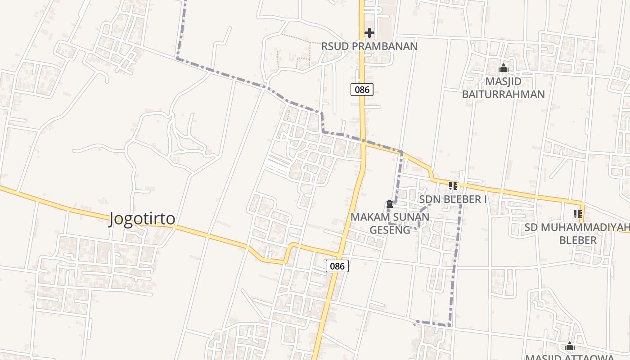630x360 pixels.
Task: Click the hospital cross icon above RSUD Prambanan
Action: click(x=369, y=33)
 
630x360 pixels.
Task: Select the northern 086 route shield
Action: click(x=362, y=89)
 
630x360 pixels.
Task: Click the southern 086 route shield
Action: click(x=337, y=266)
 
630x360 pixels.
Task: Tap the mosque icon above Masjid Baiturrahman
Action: click(x=504, y=68)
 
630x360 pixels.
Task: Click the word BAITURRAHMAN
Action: click(x=504, y=94)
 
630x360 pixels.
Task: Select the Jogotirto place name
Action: click(x=142, y=219)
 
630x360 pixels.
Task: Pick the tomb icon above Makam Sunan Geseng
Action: click(x=390, y=204)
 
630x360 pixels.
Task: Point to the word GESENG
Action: click(x=390, y=230)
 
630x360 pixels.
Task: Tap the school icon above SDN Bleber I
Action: click(x=453, y=185)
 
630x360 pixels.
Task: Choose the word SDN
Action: click(x=429, y=199)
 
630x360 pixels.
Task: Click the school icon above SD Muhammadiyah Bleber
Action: click(x=578, y=214)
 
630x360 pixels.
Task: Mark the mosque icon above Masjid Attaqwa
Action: click(x=570, y=346)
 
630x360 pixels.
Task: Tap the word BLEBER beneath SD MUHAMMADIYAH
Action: click(x=578, y=240)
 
